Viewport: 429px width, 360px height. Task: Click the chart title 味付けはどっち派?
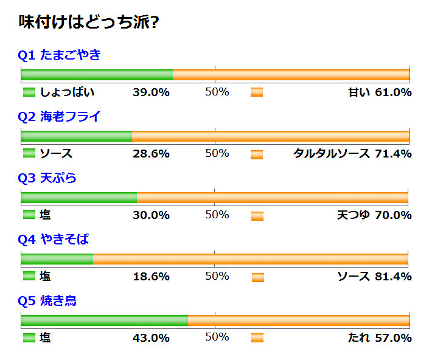(89, 22)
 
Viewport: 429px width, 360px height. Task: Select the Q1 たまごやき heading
(59, 55)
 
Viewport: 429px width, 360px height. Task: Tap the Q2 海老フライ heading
(59, 117)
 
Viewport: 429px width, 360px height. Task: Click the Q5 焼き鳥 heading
(47, 301)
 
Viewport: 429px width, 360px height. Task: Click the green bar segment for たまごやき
(97, 75)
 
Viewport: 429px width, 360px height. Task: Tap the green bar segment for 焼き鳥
(104, 321)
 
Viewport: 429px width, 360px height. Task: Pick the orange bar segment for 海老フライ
(271, 137)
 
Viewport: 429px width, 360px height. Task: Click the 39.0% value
(151, 93)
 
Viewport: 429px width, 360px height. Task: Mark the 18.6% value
(151, 277)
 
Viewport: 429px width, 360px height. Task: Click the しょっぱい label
(67, 93)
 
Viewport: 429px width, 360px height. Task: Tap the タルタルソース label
(331, 154)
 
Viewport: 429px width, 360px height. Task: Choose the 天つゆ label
(353, 215)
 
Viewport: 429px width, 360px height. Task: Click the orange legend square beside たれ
(257, 338)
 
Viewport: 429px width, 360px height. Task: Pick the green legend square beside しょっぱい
(29, 93)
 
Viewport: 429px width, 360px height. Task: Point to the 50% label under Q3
(217, 215)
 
